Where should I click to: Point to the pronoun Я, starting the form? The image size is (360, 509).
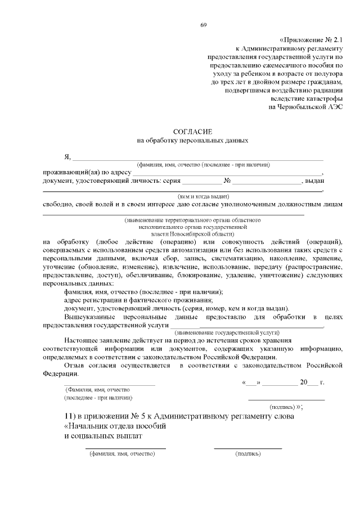[67, 156]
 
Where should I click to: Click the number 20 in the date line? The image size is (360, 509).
[304, 382]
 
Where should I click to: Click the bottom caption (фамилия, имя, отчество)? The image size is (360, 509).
[125, 453]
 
